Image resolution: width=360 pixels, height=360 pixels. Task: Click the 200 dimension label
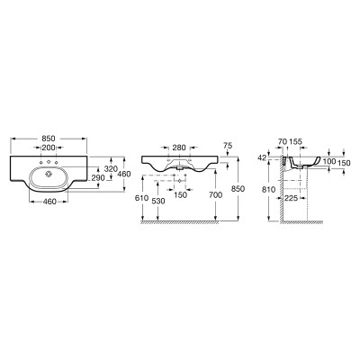(x=49, y=148)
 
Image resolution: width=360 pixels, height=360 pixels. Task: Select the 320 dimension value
(x=112, y=169)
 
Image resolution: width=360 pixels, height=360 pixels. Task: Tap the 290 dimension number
(x=98, y=178)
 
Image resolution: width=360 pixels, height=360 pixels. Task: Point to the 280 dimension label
(x=179, y=148)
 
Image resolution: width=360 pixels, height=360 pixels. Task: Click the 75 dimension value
(x=228, y=145)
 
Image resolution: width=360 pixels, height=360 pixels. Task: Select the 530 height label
(x=158, y=202)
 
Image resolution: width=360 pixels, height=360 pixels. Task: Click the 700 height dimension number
(x=215, y=195)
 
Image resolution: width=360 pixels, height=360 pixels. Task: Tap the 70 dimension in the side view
(x=283, y=141)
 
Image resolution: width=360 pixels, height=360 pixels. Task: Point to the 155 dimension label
(x=296, y=141)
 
